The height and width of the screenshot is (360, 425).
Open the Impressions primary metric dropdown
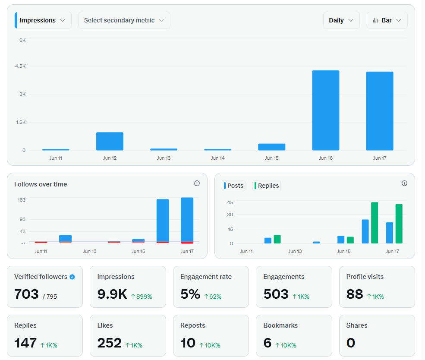43,20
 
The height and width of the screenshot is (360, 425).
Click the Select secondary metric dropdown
124,20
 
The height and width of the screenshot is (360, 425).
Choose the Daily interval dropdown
341,20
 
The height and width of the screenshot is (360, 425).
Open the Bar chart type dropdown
387,20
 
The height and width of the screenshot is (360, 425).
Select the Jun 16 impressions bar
325,111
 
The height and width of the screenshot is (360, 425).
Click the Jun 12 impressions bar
110,141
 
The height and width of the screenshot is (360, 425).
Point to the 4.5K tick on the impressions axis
20,66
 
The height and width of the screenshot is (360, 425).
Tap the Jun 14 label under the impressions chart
218,158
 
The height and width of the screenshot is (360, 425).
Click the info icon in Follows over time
197,183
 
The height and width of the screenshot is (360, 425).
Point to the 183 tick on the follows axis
22,200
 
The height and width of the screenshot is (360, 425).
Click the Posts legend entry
233,186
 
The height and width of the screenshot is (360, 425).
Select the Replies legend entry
267,186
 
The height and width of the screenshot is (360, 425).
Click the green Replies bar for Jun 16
375,223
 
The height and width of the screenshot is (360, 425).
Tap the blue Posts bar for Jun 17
390,233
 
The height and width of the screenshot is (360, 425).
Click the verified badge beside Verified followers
72,277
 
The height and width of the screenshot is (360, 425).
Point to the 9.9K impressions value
112,294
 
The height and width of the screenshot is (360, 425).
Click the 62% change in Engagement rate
213,297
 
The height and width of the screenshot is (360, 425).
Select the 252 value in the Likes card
109,343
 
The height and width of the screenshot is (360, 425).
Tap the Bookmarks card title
280,325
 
